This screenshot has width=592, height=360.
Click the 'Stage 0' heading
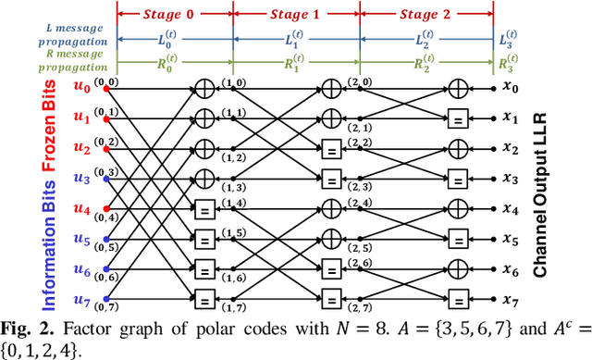click(x=174, y=15)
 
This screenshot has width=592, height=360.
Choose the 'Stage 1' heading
click(x=296, y=15)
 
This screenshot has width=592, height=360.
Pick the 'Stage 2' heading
click(x=419, y=15)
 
